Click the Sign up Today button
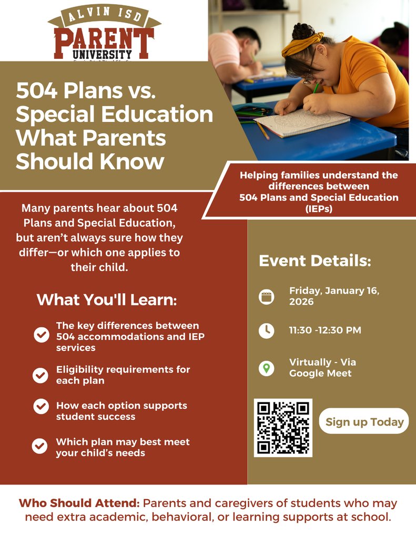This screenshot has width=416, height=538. (x=364, y=421)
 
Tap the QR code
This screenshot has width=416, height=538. (x=283, y=428)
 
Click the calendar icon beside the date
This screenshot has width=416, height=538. (x=267, y=297)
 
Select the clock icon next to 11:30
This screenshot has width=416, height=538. (x=267, y=330)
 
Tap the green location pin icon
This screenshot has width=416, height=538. (x=267, y=368)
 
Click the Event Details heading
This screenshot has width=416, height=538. (x=314, y=261)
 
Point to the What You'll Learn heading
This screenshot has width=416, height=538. (x=107, y=300)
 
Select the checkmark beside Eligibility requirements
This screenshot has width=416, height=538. (x=40, y=375)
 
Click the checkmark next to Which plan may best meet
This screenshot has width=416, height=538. (x=40, y=447)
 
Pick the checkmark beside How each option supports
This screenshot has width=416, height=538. (x=40, y=411)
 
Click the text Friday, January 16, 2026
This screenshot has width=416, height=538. (x=334, y=296)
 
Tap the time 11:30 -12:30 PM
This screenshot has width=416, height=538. (x=325, y=330)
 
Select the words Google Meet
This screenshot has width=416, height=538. (x=320, y=374)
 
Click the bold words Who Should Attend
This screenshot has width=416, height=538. (x=79, y=503)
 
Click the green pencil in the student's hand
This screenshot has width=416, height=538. (x=316, y=87)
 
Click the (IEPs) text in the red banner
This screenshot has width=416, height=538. (x=319, y=209)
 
